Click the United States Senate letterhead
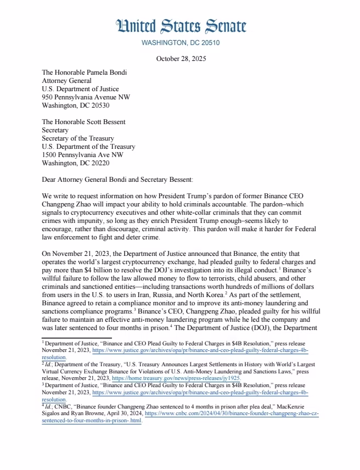tap(181, 26)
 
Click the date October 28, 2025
tap(181, 59)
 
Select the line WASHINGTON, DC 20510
tap(181, 43)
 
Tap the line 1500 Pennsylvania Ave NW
tap(83, 147)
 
